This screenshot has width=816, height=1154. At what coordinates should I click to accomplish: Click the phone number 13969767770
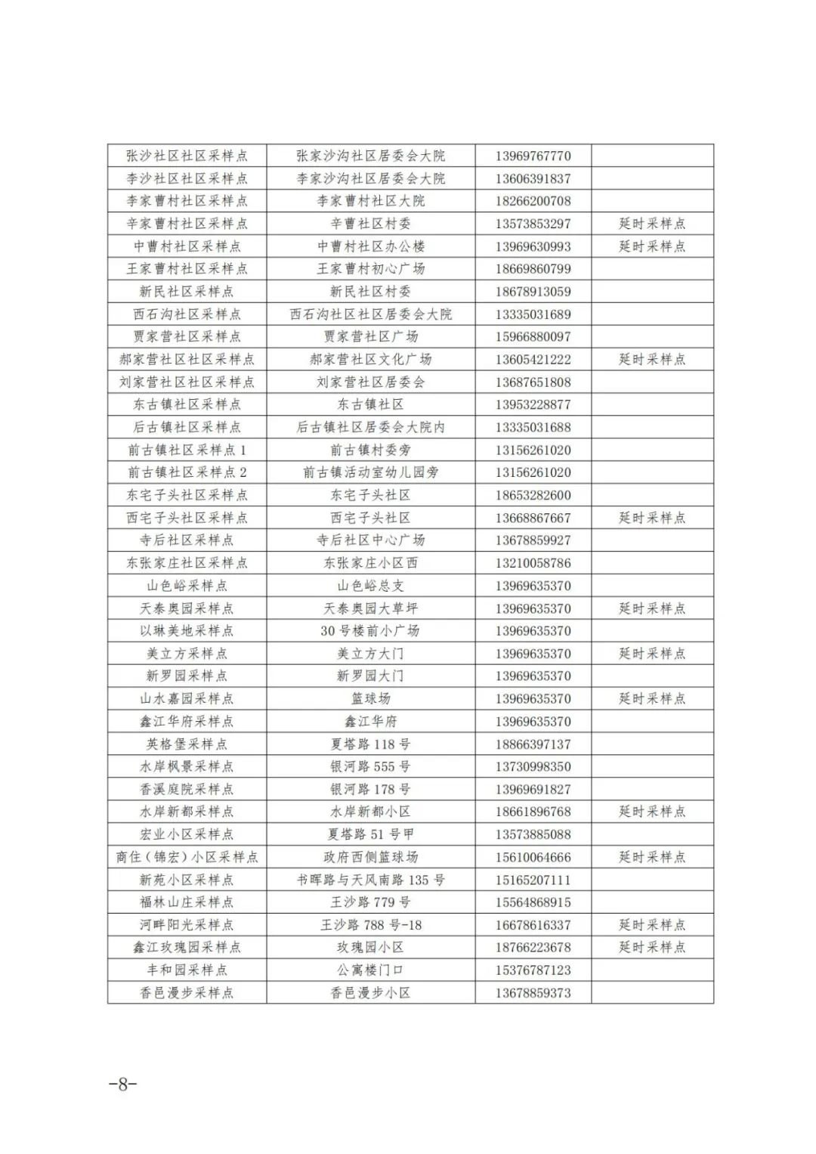tap(533, 156)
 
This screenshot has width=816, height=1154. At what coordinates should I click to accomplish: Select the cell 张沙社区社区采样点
tap(187, 156)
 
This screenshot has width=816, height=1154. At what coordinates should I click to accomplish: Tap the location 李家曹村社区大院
tap(370, 201)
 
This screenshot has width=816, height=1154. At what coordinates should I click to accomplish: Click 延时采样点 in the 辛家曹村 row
tap(652, 224)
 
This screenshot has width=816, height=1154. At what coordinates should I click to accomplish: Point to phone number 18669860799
tap(533, 269)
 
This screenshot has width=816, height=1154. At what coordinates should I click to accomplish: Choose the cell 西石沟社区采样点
tap(187, 314)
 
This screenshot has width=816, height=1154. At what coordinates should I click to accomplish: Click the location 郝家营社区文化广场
tap(370, 360)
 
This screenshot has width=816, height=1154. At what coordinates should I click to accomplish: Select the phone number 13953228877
tap(533, 405)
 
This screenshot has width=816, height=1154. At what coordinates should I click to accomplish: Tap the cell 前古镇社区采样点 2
tap(187, 472)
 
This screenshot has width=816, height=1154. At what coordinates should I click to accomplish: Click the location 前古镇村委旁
tap(370, 450)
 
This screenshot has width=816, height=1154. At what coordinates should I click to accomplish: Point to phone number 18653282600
tap(533, 496)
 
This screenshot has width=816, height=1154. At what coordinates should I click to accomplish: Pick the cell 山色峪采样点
tap(187, 586)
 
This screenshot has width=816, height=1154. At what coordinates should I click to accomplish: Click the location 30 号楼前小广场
tap(370, 631)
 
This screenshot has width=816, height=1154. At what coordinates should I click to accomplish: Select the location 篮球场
tap(370, 699)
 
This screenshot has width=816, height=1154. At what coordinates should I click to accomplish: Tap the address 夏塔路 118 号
tap(370, 744)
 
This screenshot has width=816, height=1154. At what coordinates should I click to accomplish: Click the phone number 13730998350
tap(533, 766)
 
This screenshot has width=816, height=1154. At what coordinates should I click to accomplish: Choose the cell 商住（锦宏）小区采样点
tap(187, 857)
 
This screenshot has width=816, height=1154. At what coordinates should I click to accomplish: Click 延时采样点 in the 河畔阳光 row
tap(652, 925)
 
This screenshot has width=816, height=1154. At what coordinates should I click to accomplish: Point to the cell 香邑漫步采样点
tap(187, 993)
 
